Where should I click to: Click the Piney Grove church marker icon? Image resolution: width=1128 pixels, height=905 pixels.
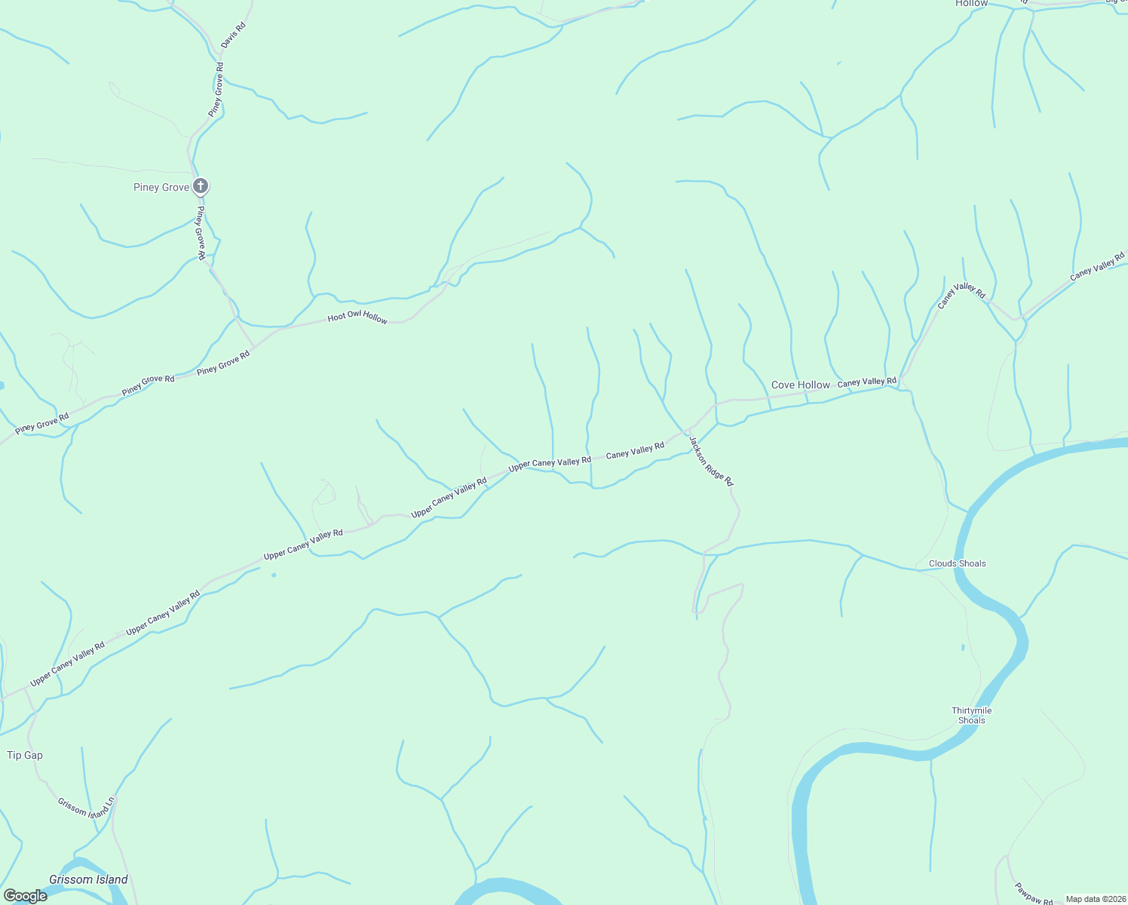pos(201,186)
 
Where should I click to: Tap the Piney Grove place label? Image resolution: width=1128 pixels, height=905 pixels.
pos(161,187)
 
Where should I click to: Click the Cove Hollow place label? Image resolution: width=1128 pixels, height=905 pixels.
pos(800,385)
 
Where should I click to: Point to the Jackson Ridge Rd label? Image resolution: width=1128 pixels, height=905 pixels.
pos(710,459)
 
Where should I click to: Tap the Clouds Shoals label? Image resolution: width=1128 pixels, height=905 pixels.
pos(957,563)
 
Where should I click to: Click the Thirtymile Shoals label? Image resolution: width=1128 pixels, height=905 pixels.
pos(971,715)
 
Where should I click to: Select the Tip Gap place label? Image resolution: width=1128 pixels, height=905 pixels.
pos(25,755)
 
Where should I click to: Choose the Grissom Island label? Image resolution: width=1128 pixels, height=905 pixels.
pos(88,879)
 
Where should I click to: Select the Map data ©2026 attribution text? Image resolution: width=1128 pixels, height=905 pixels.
pos(1096,899)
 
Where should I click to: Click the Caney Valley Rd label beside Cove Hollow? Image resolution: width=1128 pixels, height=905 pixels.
pos(867,382)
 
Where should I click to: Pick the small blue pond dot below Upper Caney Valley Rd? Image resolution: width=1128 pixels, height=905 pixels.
pos(273,575)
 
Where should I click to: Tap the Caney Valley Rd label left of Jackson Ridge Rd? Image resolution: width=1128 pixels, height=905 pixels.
pos(635,451)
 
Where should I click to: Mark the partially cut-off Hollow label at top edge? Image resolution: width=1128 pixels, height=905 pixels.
pos(971,4)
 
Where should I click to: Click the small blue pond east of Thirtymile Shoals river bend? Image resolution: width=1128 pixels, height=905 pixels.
pos(963,647)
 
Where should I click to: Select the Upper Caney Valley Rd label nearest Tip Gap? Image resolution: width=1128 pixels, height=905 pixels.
pos(67,664)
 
